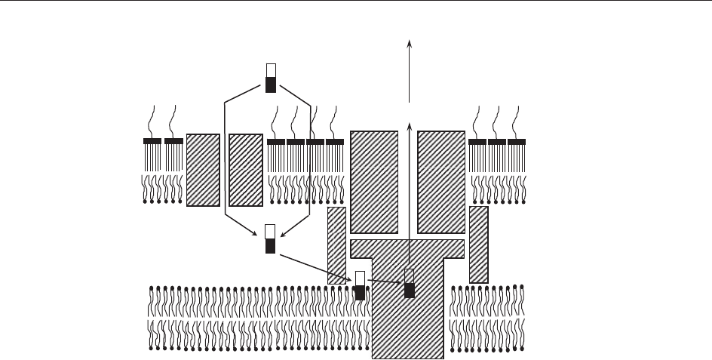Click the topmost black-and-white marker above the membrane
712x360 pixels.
[271, 78]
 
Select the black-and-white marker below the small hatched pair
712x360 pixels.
[271, 238]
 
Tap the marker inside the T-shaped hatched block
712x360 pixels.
[410, 283]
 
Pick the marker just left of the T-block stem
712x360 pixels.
[360, 285]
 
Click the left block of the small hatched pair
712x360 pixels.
[202, 170]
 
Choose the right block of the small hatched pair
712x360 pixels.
[245, 170]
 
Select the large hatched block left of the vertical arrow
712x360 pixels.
[374, 182]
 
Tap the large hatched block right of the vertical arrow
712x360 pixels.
[442, 182]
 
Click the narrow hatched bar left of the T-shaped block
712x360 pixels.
[336, 245]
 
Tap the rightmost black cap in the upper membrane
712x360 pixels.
[517, 141]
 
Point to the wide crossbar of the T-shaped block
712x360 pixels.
[408, 248]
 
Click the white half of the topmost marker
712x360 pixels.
[271, 70]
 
